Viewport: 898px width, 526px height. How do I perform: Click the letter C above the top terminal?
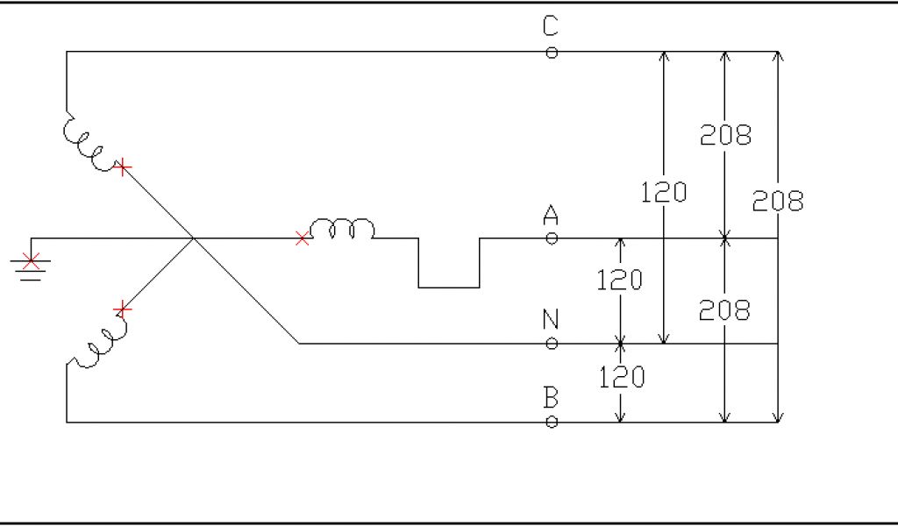point(550,27)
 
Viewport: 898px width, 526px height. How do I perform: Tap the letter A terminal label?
point(551,214)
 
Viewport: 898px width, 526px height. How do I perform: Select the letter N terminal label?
point(551,319)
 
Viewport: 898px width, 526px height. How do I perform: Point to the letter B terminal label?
point(551,398)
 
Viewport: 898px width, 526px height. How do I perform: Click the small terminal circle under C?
point(552,53)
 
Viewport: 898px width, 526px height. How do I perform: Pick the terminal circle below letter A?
point(552,238)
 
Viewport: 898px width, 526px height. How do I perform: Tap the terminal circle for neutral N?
point(552,344)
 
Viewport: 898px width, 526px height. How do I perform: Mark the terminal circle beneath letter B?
point(552,423)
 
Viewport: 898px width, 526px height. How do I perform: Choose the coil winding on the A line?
point(342,230)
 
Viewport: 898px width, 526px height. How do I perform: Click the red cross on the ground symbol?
point(32,260)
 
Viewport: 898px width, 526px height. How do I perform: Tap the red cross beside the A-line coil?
point(303,238)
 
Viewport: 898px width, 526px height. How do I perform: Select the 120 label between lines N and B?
point(622,377)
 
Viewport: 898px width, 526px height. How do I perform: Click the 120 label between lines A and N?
point(620,281)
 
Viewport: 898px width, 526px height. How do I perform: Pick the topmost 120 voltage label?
point(664,192)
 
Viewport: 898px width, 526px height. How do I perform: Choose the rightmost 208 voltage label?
point(778,202)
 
